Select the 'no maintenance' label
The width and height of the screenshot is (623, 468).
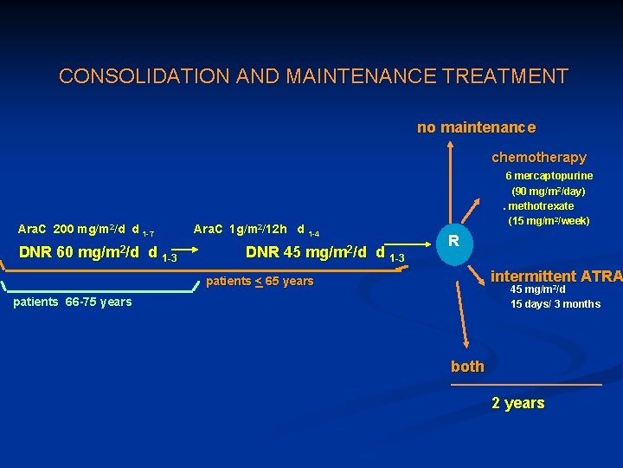tap(476, 127)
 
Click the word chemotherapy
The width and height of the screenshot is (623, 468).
tap(538, 158)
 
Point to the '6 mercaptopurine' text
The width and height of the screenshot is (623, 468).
tap(549, 176)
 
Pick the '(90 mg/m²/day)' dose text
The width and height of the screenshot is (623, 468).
tap(548, 191)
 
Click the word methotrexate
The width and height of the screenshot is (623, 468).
tap(541, 206)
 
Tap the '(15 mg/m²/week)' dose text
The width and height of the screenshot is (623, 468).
tap(549, 221)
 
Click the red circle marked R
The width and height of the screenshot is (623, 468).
tap(454, 240)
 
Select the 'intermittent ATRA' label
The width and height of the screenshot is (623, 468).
tap(555, 276)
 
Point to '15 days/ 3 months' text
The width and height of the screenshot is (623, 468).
tap(555, 304)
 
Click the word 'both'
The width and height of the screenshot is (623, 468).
tap(467, 367)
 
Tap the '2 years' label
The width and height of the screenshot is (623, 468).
tap(517, 403)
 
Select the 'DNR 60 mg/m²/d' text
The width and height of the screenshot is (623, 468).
tap(87, 254)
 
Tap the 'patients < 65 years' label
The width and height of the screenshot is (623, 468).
tap(259, 281)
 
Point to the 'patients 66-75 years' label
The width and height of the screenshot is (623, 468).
tap(73, 302)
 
